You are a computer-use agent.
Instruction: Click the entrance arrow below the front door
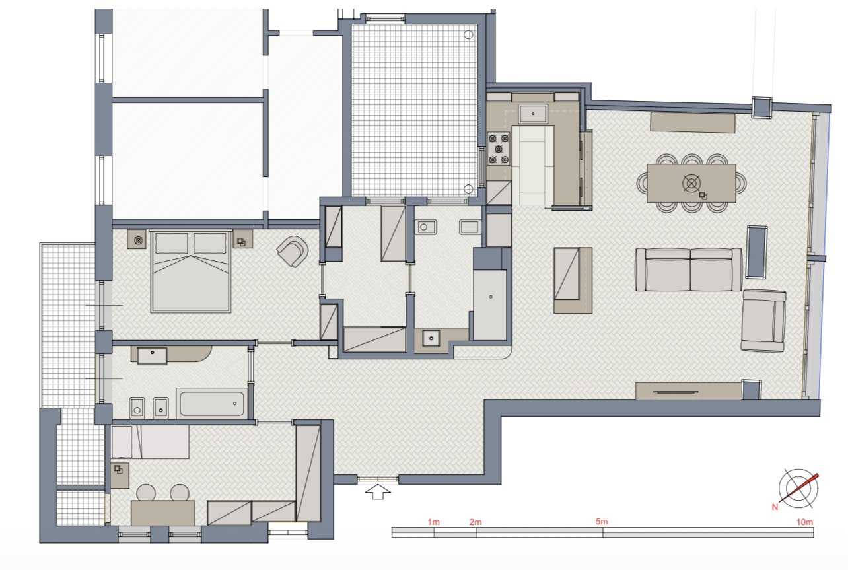point(377,493)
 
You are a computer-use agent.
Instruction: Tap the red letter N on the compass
point(775,507)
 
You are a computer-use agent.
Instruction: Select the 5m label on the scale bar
point(602,522)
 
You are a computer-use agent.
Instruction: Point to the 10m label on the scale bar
point(804,522)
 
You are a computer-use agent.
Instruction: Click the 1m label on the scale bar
point(434,522)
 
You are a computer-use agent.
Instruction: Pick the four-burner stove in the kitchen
point(499,149)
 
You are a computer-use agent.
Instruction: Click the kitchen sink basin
point(533,114)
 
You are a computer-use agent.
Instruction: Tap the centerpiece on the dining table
point(691,184)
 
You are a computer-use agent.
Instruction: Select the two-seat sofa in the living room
point(689,269)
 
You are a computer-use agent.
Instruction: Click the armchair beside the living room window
point(763,320)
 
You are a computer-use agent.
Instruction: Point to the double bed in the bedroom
point(191,271)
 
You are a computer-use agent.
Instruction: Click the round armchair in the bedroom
point(293,251)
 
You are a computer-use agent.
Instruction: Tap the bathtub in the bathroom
point(212,404)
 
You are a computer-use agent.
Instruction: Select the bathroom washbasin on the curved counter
point(152,356)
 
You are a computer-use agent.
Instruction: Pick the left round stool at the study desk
point(146,493)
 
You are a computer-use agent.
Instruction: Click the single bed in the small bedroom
point(151,442)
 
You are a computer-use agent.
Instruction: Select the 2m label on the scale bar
point(476,522)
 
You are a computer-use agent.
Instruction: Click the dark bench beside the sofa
point(756,252)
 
